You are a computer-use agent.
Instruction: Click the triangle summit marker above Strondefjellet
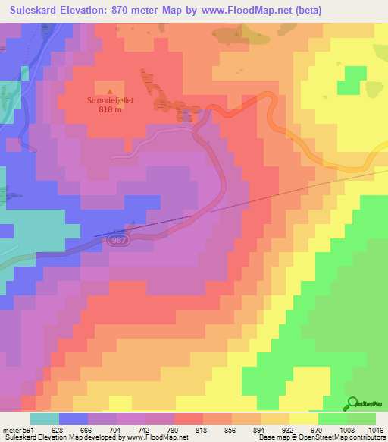point(111,90)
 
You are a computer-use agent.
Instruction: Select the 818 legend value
point(202,429)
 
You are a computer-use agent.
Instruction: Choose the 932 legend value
point(289,429)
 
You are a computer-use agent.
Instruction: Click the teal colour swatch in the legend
point(45,418)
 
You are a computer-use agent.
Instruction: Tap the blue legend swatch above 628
point(74,418)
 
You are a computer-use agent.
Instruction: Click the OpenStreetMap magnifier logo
point(352,403)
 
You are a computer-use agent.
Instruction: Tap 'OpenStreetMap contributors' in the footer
point(346,437)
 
